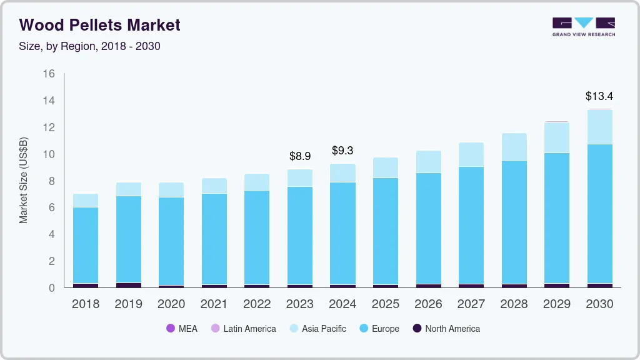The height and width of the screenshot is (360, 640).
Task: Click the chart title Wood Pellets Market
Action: pyautogui.click(x=100, y=25)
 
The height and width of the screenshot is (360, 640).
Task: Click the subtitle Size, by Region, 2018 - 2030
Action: pyautogui.click(x=90, y=46)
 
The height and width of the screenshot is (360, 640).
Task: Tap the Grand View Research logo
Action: pyautogui.click(x=584, y=27)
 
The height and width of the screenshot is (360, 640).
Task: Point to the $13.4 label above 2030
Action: pyautogui.click(x=599, y=96)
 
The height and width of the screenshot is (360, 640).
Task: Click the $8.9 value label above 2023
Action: pyautogui.click(x=300, y=156)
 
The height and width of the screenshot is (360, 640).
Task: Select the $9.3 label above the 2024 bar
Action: pyautogui.click(x=342, y=151)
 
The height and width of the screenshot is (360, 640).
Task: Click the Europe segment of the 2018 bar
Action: pyautogui.click(x=86, y=245)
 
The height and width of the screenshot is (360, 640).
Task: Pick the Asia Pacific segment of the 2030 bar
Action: pyautogui.click(x=599, y=127)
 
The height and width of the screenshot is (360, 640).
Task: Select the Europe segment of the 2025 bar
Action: pyautogui.click(x=386, y=231)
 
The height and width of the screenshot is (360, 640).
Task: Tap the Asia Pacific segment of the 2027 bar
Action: pyautogui.click(x=471, y=154)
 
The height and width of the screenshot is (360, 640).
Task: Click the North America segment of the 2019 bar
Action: pyautogui.click(x=129, y=285)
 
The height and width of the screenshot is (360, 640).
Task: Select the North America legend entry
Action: pyautogui.click(x=446, y=329)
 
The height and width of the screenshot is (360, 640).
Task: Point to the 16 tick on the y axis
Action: pyautogui.click(x=49, y=74)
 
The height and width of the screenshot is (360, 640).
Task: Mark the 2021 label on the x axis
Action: pyautogui.click(x=214, y=304)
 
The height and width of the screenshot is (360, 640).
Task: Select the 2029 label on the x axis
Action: pyautogui.click(x=556, y=304)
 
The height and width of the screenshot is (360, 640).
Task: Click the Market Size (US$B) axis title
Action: pyautogui.click(x=24, y=180)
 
